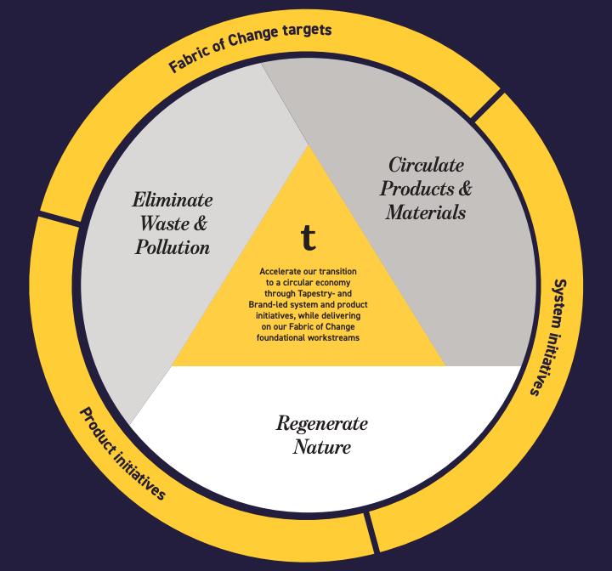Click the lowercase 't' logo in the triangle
(308, 239)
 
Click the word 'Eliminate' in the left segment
(173, 201)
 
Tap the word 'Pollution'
(173, 247)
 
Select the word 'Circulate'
(426, 165)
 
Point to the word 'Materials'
(426, 212)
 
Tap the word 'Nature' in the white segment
(321, 446)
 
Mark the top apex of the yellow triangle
(309, 145)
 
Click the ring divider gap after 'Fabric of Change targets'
(485, 104)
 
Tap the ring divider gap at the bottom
(371, 533)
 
